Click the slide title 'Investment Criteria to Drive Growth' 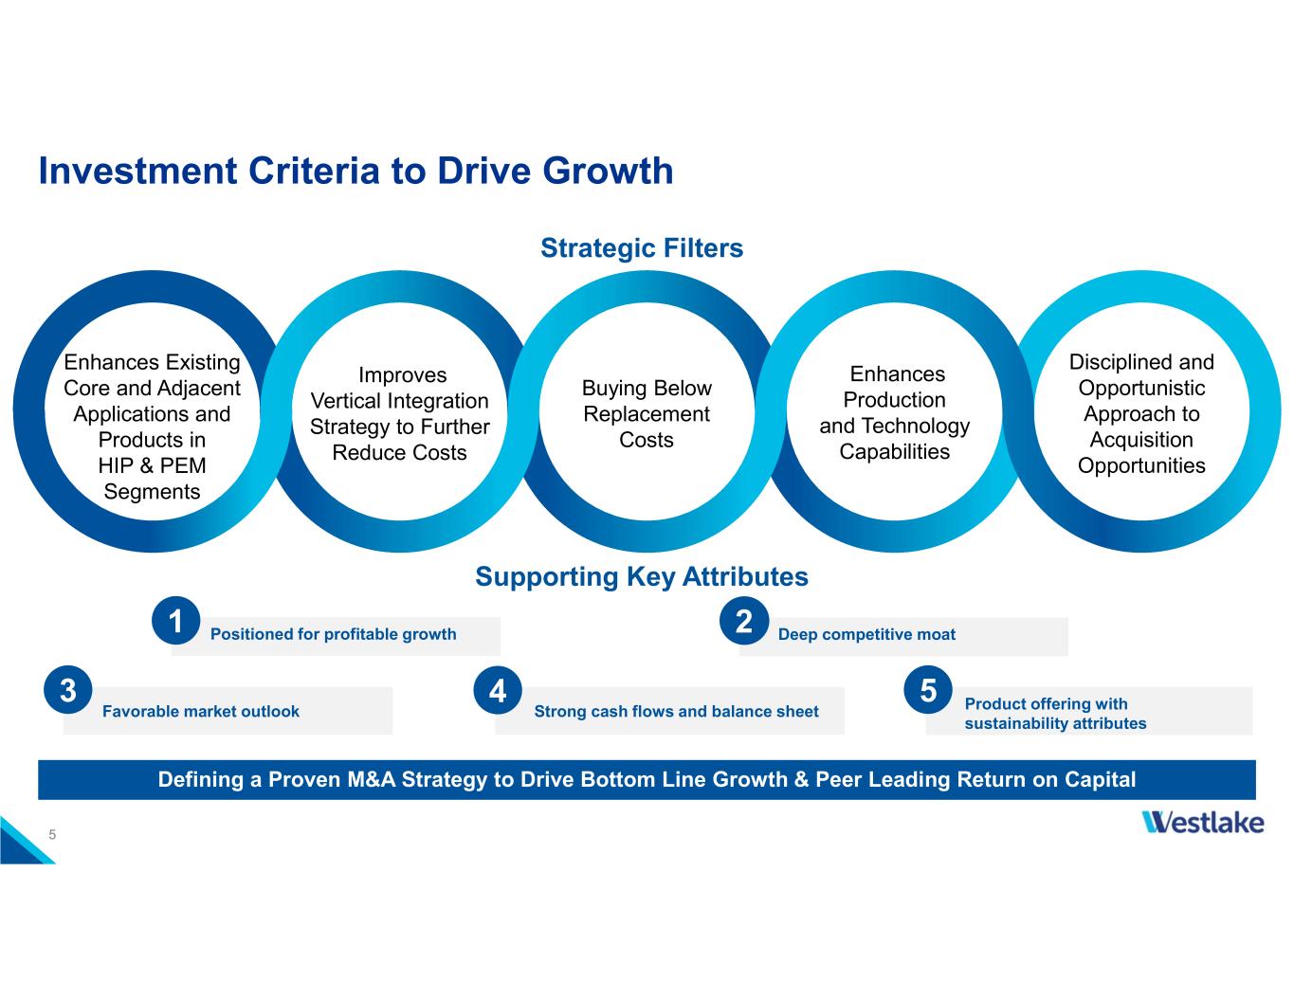[x=355, y=172]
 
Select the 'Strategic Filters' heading [x=642, y=248]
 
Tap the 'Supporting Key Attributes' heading [x=642, y=576]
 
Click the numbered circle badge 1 [x=175, y=621]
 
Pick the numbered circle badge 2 [x=743, y=621]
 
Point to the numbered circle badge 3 [x=67, y=690]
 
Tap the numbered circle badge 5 [x=928, y=690]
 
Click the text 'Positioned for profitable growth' [x=333, y=634]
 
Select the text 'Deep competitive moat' [x=866, y=634]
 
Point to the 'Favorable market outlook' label [x=201, y=711]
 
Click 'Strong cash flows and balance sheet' [x=676, y=711]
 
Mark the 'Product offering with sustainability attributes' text [x=1055, y=714]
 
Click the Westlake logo [x=1203, y=822]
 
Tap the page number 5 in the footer [x=53, y=834]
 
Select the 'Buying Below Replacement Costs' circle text [x=647, y=414]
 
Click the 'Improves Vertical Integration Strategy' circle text [x=400, y=414]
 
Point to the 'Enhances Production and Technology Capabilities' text [x=895, y=413]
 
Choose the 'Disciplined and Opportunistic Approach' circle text [x=1141, y=413]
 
